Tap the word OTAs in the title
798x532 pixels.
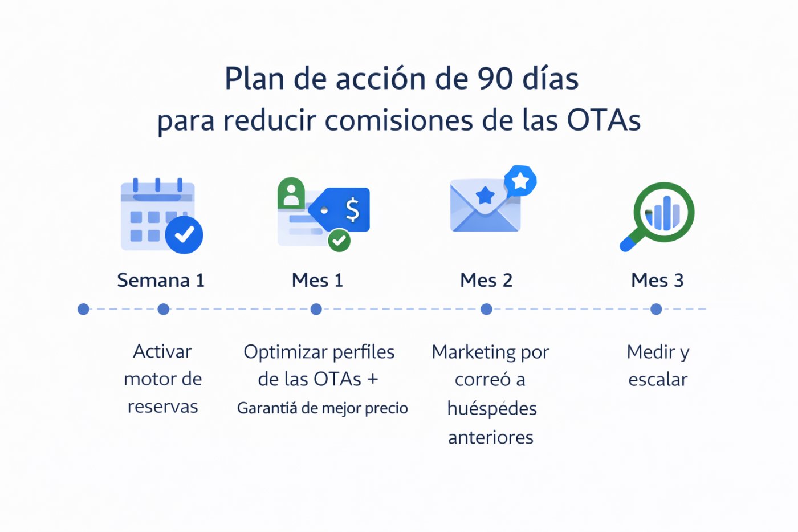coord(604,120)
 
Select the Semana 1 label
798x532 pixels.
coord(160,280)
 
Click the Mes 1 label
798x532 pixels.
coord(317,280)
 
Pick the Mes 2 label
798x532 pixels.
coord(486,280)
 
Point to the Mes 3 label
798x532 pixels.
coord(657,280)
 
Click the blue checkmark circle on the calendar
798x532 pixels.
coord(184,234)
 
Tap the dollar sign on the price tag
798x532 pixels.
coord(353,209)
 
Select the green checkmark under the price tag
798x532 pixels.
coord(339,240)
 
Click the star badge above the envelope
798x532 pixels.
coord(520,181)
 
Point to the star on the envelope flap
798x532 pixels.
coord(485,196)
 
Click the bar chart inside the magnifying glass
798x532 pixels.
coord(663,214)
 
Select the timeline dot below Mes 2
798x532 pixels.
coord(486,309)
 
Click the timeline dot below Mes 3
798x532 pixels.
coord(656,309)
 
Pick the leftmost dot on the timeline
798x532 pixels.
coord(83,309)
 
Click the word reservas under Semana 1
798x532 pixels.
coord(162,407)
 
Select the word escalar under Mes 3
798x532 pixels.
coord(658,379)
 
